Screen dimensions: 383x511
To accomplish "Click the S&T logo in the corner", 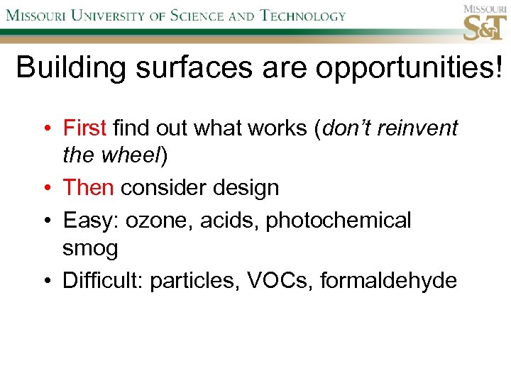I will [485, 23].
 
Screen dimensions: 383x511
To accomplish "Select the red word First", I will [84, 128].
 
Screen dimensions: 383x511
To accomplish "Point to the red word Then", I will [88, 188].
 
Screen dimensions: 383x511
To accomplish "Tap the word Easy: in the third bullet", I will [92, 221].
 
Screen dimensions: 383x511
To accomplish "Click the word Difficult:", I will [103, 281].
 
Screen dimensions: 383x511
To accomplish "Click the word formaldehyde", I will [388, 281].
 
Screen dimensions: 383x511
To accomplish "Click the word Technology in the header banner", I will [302, 16].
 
